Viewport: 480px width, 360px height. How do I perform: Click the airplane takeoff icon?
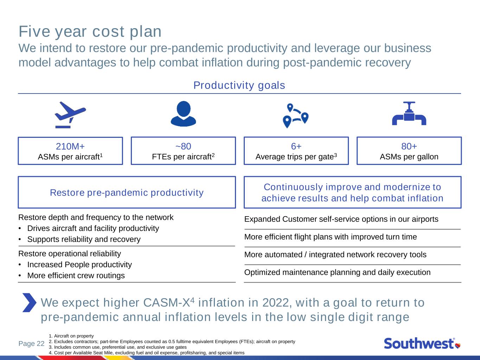pyautogui.click(x=70, y=115)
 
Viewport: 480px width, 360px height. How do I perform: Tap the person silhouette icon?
pyautogui.click(x=183, y=114)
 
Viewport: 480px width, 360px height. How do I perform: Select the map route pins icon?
pyautogui.click(x=296, y=115)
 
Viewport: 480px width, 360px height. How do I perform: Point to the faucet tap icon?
pyautogui.click(x=409, y=114)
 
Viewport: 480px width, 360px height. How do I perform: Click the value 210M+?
pyautogui.click(x=70, y=146)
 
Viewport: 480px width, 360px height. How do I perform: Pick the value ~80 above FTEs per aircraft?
pyautogui.click(x=183, y=146)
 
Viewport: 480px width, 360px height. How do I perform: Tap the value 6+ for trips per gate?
pyautogui.click(x=296, y=146)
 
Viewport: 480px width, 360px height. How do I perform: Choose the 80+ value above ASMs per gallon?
pyautogui.click(x=409, y=146)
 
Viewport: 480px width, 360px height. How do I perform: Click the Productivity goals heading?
pyautogui.click(x=239, y=85)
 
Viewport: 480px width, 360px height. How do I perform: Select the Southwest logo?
pyautogui.click(x=422, y=343)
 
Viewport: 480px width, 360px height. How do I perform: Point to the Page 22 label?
pyautogui.click(x=31, y=343)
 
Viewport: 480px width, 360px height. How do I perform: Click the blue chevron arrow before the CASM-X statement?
pyautogui.click(x=29, y=302)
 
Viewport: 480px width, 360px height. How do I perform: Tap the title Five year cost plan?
pyautogui.click(x=90, y=32)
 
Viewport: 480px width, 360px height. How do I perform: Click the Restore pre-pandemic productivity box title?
pyautogui.click(x=127, y=193)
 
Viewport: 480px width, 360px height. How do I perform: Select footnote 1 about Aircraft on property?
pyautogui.click(x=71, y=336)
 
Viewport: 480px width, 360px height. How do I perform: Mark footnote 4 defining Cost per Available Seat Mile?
pyautogui.click(x=147, y=353)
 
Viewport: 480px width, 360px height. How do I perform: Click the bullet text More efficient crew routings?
pyautogui.click(x=76, y=276)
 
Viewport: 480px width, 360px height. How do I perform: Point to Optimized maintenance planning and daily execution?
pyautogui.click(x=337, y=272)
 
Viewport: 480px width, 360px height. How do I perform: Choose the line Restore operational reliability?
pyautogui.click(x=70, y=253)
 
